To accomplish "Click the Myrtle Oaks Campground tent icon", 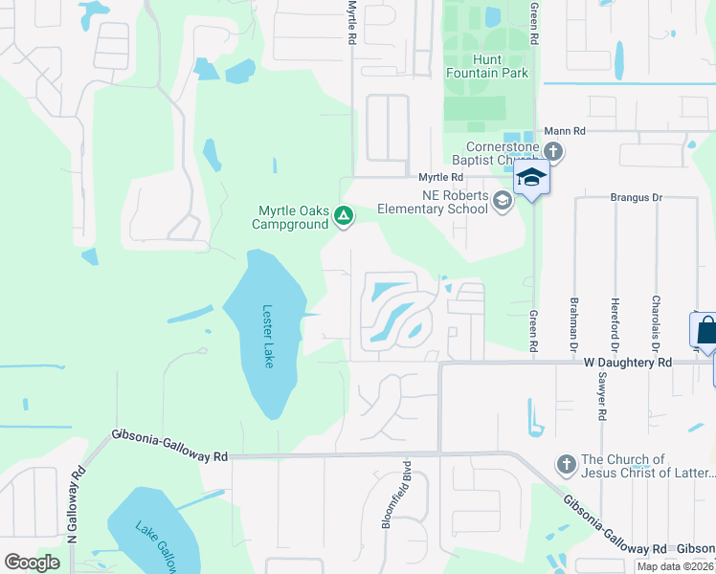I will pyautogui.click(x=343, y=217).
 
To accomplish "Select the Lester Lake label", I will pyautogui.click(x=269, y=336).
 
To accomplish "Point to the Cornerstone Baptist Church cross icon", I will pyautogui.click(x=554, y=151).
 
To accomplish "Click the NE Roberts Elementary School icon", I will pyautogui.click(x=503, y=200).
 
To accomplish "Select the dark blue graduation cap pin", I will pyautogui.click(x=531, y=177).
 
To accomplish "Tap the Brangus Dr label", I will pyautogui.click(x=637, y=197).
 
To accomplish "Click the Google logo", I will pyautogui.click(x=33, y=563).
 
